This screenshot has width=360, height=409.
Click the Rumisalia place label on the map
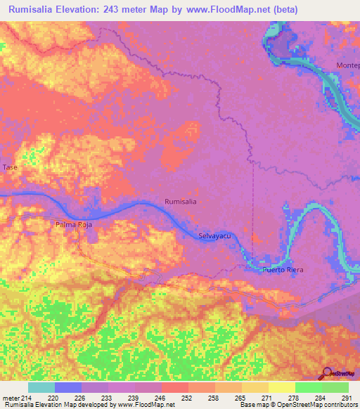pyautogui.click(x=180, y=202)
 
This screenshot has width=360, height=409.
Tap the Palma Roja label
pyautogui.click(x=74, y=225)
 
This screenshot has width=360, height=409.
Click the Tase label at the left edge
pyautogui.click(x=10, y=167)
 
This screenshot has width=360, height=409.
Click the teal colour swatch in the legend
pyautogui.click(x=41, y=387)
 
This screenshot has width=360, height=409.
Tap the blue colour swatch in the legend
pyautogui.click(x=68, y=387)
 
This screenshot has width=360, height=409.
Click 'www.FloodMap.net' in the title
pyautogui.click(x=216, y=10)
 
